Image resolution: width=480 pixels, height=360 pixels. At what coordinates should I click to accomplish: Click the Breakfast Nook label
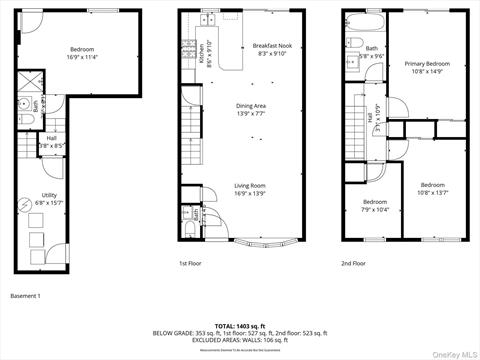tap(271, 46)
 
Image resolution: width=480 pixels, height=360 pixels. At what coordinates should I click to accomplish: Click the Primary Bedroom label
tap(427, 64)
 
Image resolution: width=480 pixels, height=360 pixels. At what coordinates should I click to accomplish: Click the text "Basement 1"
tap(25, 296)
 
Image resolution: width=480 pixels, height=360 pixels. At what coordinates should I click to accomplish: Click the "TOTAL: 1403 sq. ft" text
tap(239, 326)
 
